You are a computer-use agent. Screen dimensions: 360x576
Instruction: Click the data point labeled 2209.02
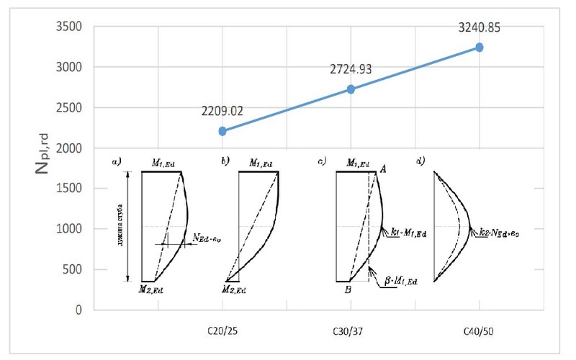tap(222, 131)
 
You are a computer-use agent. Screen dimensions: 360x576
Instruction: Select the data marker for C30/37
tap(351, 89)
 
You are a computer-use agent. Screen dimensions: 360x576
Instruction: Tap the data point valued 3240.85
tap(480, 48)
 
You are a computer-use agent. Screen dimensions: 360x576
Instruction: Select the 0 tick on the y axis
tap(81, 310)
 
